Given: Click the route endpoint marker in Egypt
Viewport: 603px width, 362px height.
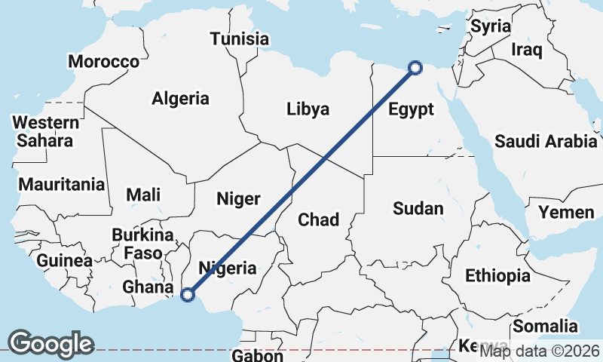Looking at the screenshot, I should point(415,69).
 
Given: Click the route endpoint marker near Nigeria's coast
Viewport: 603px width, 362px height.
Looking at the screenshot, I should point(188,295).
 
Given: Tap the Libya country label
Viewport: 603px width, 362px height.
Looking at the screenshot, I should point(308,109).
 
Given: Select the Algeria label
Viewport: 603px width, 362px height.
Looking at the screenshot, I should point(180,98).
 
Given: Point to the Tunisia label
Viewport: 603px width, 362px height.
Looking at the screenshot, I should point(240,38).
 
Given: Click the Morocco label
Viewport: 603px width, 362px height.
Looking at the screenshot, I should point(104,62).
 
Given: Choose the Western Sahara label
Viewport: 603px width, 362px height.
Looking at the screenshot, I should point(45,131).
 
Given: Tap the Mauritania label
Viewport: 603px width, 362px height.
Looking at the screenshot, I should point(61,184).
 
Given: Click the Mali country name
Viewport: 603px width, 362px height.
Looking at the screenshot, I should point(142,195).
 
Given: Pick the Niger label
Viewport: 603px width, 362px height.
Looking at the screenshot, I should point(238,199).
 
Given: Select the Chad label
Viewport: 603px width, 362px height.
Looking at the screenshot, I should point(318,219).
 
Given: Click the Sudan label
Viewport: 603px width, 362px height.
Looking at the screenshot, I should point(418,209).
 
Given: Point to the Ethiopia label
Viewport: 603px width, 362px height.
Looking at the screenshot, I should point(497,275).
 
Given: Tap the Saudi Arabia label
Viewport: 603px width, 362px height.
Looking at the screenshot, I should point(546,141).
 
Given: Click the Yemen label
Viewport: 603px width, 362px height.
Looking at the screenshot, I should point(566,213).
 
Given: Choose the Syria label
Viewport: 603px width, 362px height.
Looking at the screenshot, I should point(491,26).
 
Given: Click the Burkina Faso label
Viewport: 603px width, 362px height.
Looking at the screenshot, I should point(142,244).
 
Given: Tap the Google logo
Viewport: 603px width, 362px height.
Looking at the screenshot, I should point(51,343).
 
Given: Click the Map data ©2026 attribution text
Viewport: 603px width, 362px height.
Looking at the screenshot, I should point(539,351).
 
